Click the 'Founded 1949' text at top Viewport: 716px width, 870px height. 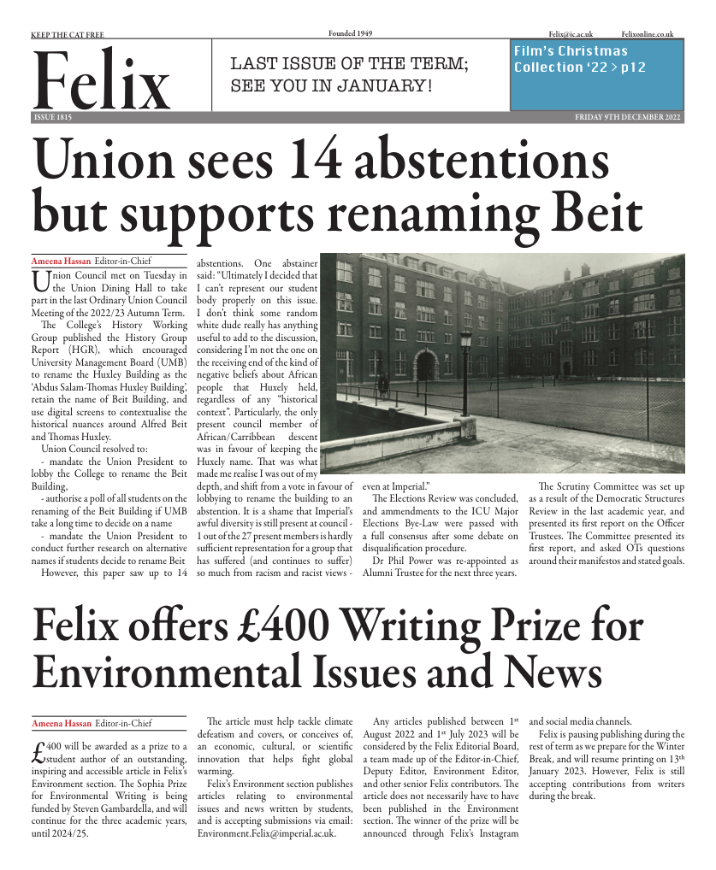[351, 33]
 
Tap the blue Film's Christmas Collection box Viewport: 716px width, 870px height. [596, 74]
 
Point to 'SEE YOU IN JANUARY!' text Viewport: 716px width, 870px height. [331, 86]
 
